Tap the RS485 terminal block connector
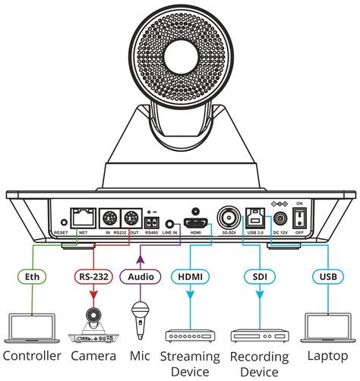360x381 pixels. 153,222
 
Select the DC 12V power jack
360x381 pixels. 282,218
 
